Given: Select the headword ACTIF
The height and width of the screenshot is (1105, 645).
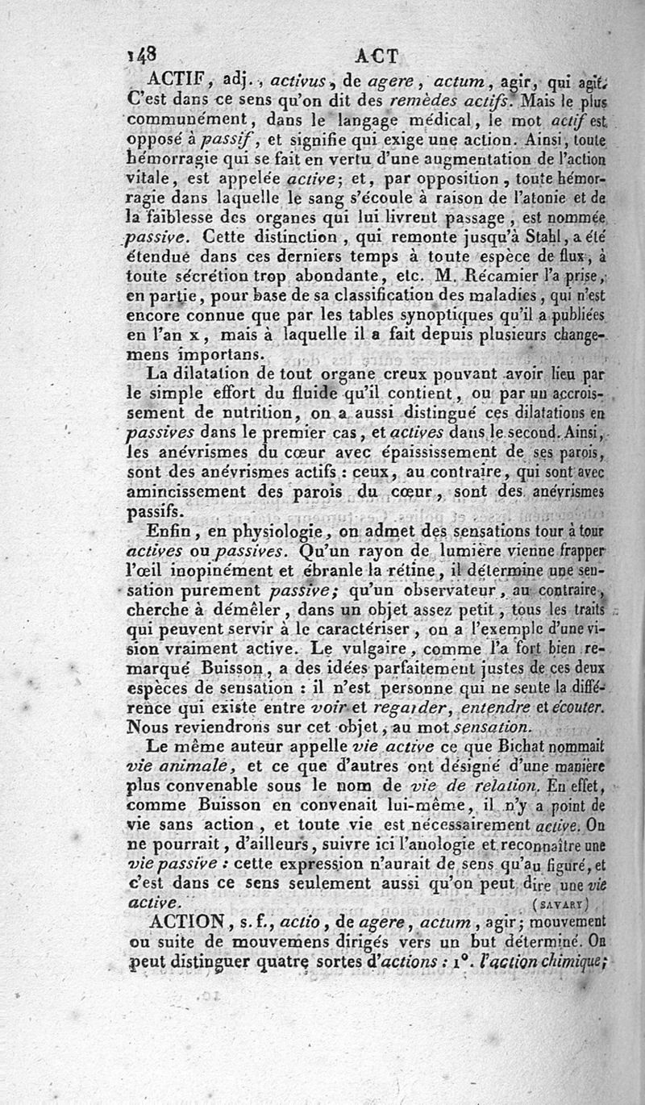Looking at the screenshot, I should point(175,81).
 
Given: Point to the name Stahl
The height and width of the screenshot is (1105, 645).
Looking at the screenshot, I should point(517,238).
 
